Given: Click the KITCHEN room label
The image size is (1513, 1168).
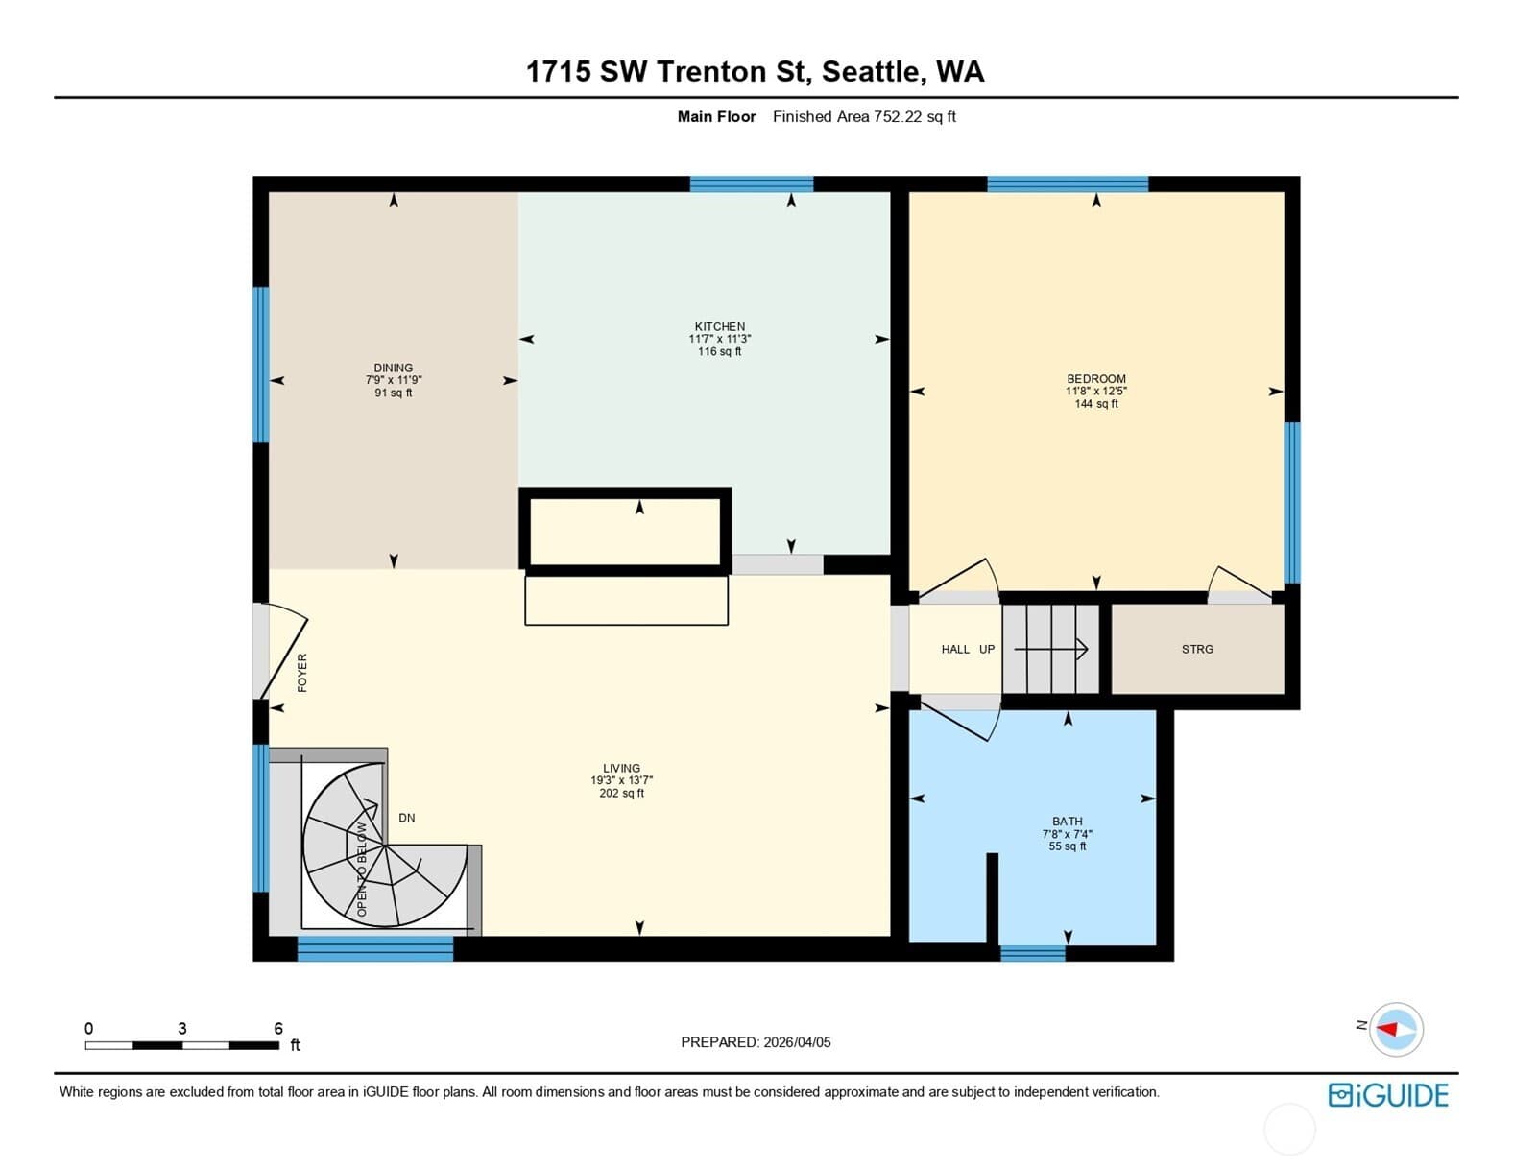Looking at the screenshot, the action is (x=719, y=326).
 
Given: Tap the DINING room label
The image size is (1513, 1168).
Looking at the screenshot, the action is (x=394, y=368).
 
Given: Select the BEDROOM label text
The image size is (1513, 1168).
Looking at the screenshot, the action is (x=1096, y=379).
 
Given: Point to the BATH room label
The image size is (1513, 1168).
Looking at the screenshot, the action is (x=1068, y=822).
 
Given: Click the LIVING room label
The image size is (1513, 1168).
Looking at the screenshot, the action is (x=622, y=769).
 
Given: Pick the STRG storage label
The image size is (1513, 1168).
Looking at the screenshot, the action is (x=1197, y=649).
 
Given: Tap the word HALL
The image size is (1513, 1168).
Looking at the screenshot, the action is (x=955, y=649).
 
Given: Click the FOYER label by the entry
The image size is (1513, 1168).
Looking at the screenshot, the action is (x=302, y=673).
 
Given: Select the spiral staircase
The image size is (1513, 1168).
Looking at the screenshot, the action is (x=385, y=845).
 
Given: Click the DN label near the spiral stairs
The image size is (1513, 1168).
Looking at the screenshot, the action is (x=407, y=818).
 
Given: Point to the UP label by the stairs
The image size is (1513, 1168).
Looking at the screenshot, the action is (x=987, y=649).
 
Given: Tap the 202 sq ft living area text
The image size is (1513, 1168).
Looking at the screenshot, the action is (x=622, y=793).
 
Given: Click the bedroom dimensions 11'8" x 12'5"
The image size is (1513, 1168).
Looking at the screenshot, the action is (x=1096, y=392).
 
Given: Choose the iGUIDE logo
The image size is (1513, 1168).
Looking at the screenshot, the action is (x=1388, y=1095).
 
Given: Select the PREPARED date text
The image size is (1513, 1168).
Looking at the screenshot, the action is (x=756, y=1042).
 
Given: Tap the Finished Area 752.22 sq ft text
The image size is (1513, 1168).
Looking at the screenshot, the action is (x=864, y=116).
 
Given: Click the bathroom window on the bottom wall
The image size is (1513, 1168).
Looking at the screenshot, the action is (x=1033, y=954).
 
